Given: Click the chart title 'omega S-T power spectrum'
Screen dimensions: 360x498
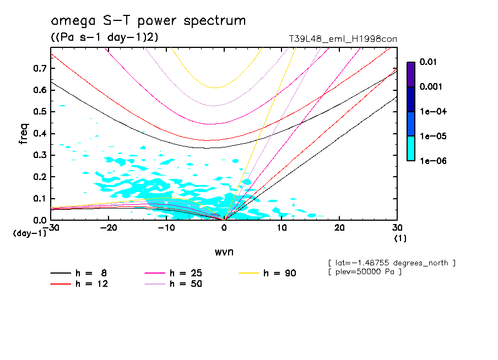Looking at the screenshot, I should pyautogui.click(x=148, y=21).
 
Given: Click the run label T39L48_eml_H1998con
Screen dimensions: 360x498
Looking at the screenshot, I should pyautogui.click(x=343, y=39).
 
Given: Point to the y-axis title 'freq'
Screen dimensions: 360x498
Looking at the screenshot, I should pyautogui.click(x=24, y=134).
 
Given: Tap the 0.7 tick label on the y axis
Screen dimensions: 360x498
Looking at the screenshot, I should pyautogui.click(x=39, y=68).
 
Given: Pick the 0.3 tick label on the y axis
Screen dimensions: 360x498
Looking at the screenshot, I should pyautogui.click(x=39, y=155).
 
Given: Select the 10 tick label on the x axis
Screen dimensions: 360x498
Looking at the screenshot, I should pyautogui.click(x=282, y=228).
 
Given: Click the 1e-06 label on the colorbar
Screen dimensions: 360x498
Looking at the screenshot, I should pyautogui.click(x=431, y=161).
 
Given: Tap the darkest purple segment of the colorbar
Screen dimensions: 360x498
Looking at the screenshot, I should pyautogui.click(x=411, y=74).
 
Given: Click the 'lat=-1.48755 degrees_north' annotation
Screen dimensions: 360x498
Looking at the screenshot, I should pyautogui.click(x=391, y=263).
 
